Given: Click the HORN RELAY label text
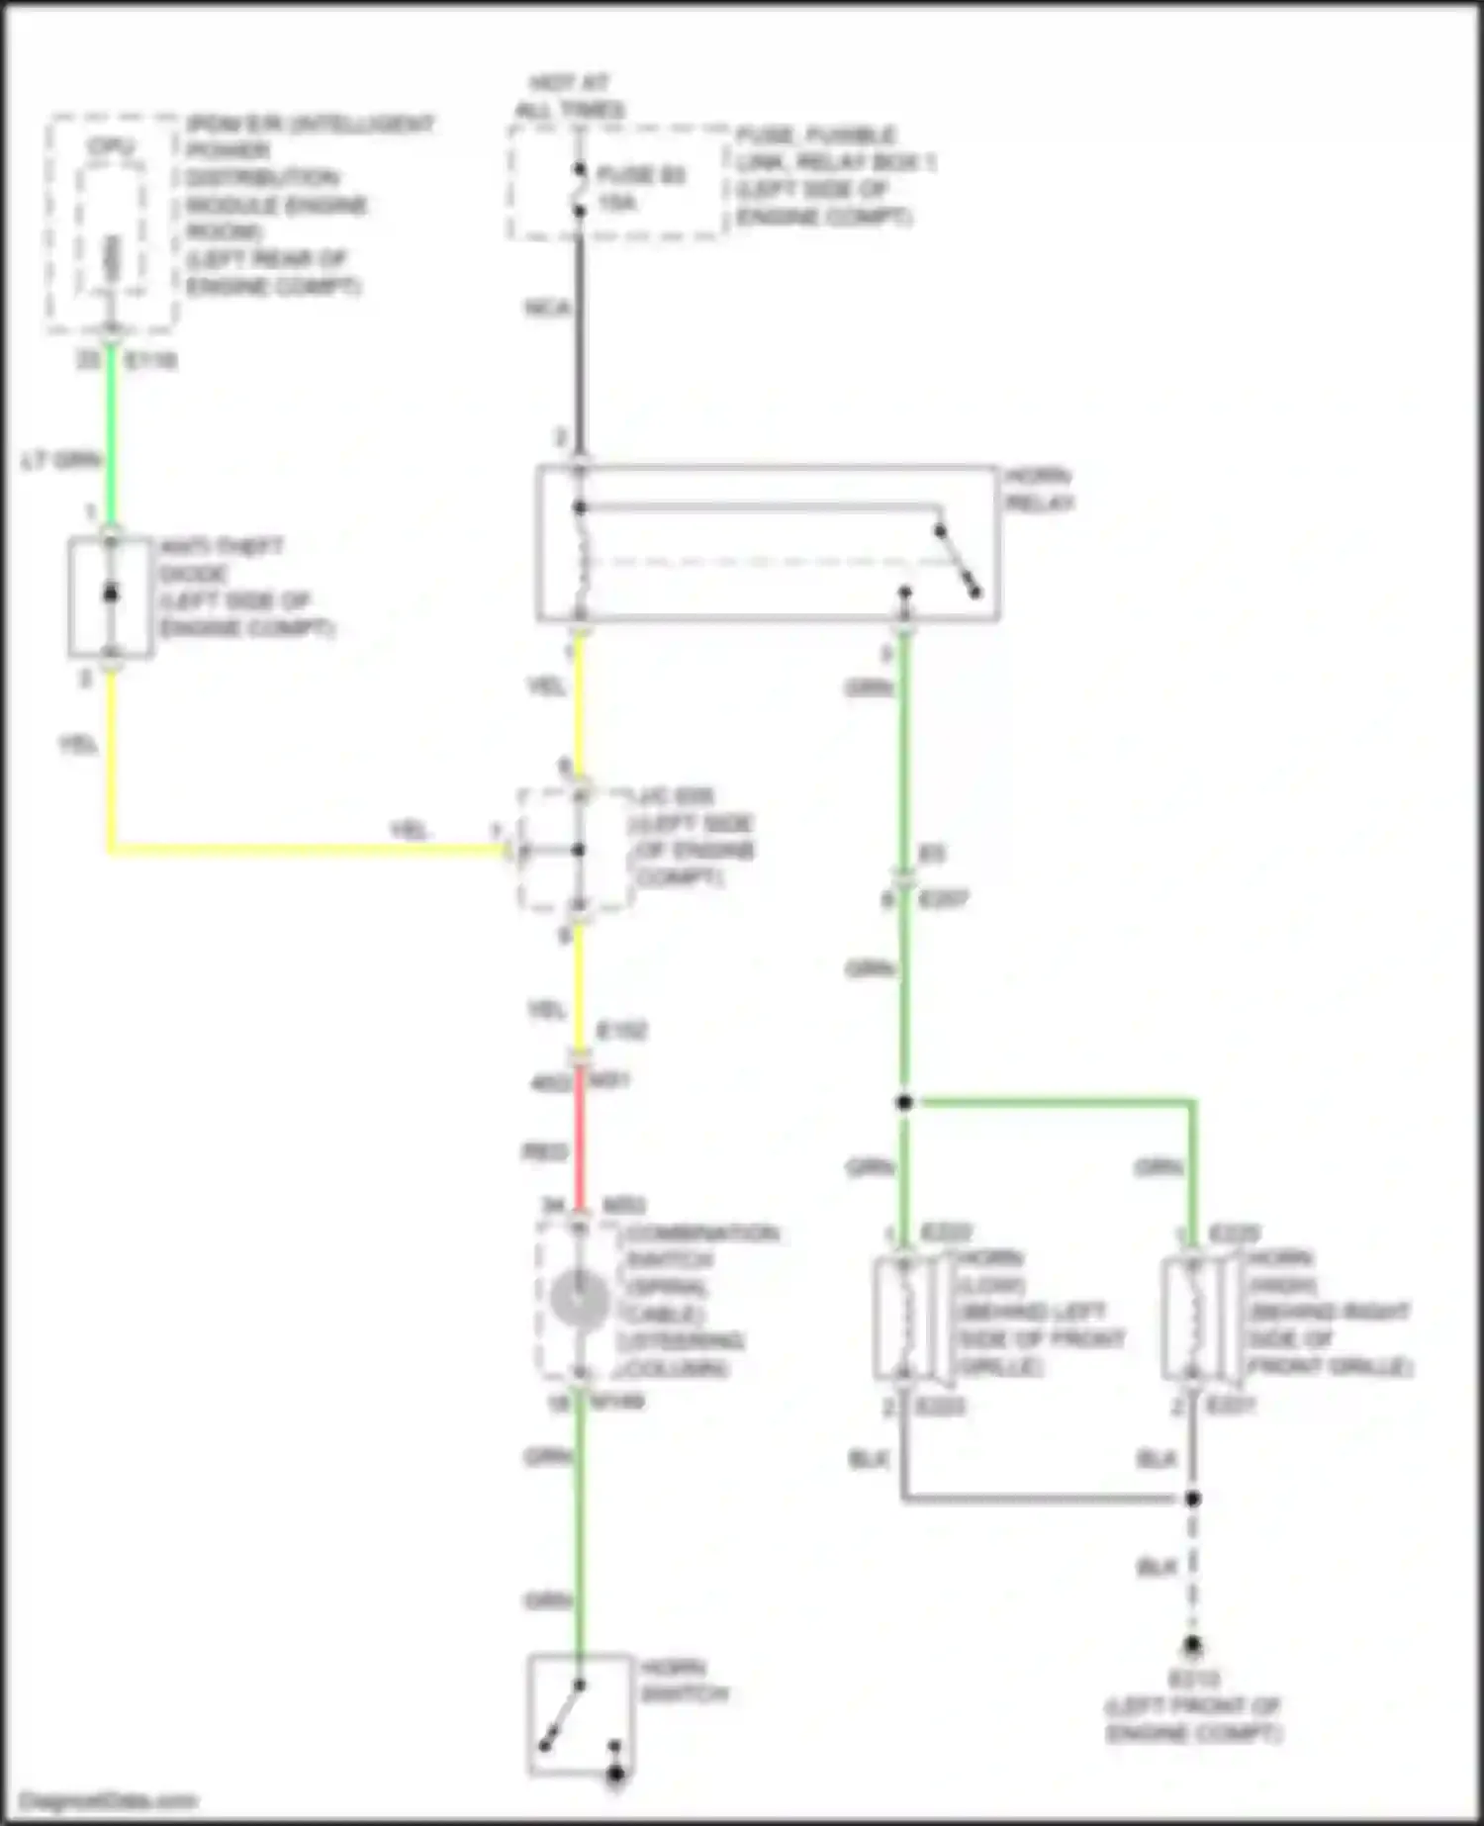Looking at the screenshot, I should click(1039, 490).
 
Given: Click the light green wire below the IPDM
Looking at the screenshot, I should click(112, 435).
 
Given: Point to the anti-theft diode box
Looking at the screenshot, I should click(111, 596).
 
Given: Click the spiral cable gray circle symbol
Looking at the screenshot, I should click(580, 1300).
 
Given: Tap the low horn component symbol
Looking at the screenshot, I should click(904, 1318).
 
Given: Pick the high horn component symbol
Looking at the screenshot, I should click(1193, 1318).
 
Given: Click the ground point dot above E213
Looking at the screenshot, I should click(1193, 1646).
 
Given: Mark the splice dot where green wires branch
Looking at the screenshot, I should click(904, 1102).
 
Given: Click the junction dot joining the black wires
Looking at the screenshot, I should click(1193, 1499).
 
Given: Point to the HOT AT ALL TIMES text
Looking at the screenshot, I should click(570, 96).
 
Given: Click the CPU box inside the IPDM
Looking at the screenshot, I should click(112, 229).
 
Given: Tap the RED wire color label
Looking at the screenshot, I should click(544, 1152).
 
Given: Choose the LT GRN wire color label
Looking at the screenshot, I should click(61, 460).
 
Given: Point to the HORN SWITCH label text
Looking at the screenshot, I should click(684, 1681).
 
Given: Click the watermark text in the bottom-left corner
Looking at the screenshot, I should click(108, 1801).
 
